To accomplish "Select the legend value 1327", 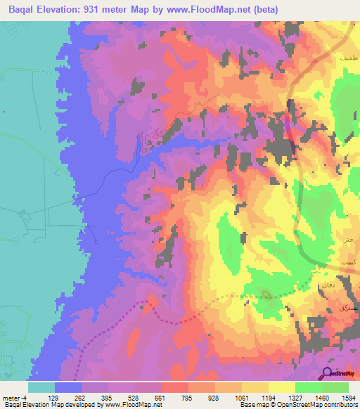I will (x=311, y=398).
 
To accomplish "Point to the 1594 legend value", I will (x=349, y=398).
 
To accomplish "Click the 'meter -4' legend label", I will (x=15, y=398).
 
